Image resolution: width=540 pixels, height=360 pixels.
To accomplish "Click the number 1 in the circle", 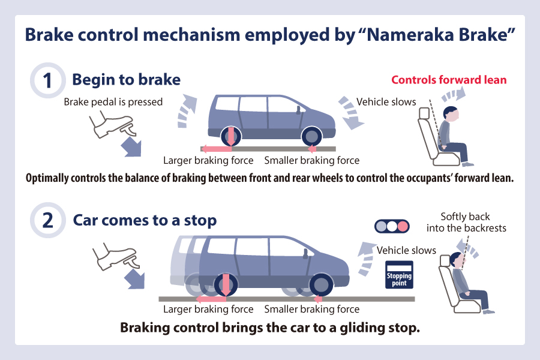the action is point(47,80).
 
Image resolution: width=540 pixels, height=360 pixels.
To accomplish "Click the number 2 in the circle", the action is point(47,220).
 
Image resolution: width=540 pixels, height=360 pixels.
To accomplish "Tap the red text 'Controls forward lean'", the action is point(449,80).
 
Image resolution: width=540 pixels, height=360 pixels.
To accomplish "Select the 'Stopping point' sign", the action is point(399,275).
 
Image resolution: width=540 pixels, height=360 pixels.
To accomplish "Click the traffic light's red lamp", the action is point(402,226).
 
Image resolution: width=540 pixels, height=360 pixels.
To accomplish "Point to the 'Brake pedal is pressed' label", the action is point(113,102).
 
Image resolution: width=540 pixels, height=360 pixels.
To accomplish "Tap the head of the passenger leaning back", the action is point(457,260).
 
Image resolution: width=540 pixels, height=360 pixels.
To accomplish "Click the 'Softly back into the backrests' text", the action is point(466,222).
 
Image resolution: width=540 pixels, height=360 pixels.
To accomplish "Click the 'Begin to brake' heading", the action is point(127,80).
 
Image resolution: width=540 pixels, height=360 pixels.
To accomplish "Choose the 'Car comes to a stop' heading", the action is point(145,220).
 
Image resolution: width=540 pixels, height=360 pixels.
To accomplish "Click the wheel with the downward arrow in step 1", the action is point(231,136).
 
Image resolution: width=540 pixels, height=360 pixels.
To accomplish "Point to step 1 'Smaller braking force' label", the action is point(311,160).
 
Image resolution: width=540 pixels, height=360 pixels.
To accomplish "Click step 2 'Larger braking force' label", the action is point(208,309).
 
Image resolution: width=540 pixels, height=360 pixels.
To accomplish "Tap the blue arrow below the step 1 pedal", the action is point(131,146).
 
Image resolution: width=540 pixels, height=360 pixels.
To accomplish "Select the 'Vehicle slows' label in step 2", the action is point(406,250).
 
